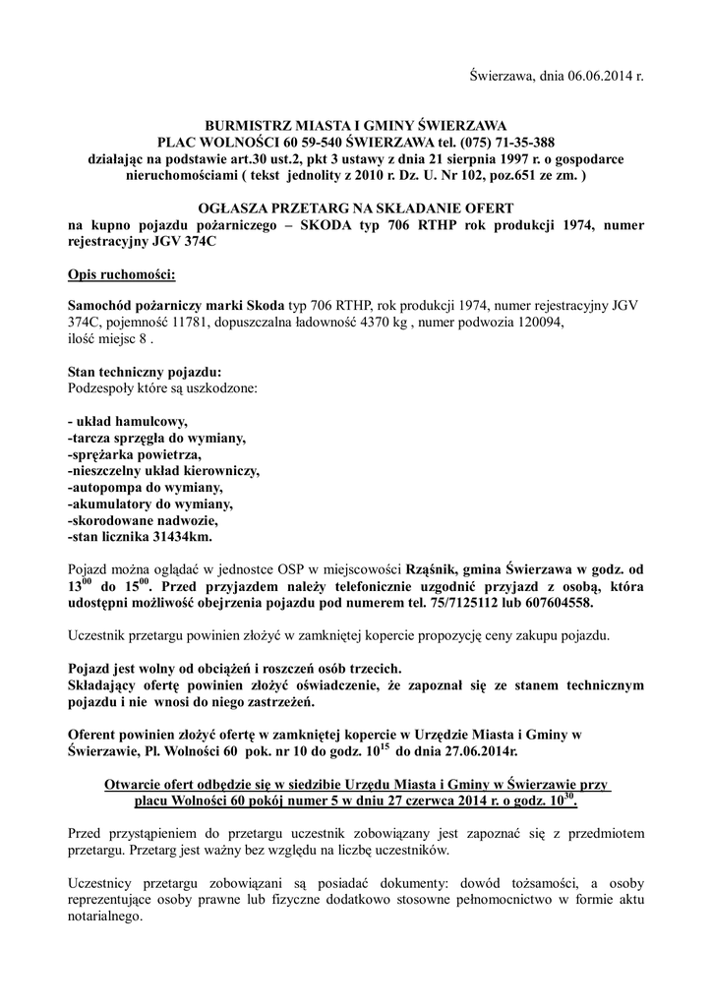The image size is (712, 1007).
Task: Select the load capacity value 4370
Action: pyautogui.click(x=369, y=321)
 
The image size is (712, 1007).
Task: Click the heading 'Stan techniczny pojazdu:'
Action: pyautogui.click(x=144, y=372)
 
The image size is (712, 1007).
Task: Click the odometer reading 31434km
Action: pyautogui.click(x=178, y=538)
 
